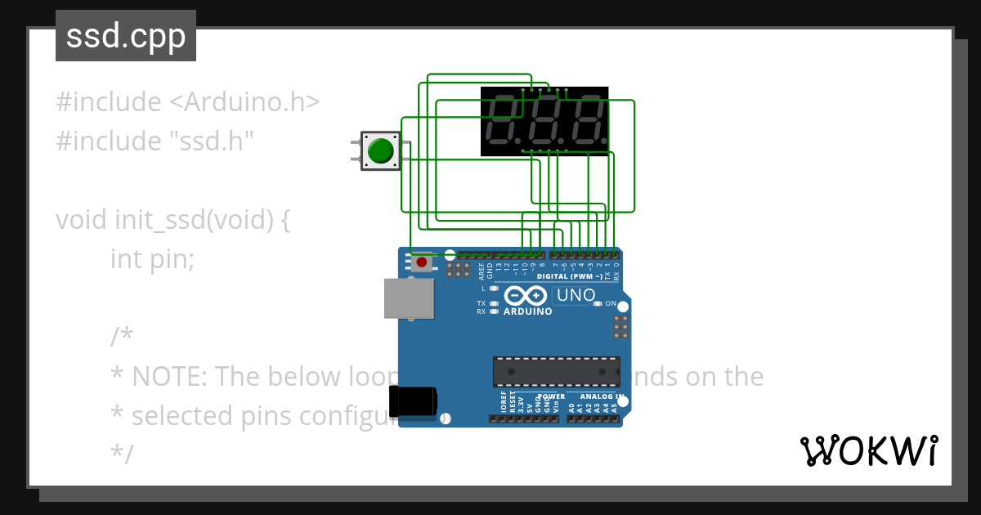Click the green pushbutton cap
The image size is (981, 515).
(x=380, y=151)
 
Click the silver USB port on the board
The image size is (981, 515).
(x=408, y=298)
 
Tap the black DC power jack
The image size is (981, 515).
(x=413, y=402)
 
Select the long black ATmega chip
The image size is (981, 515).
(x=556, y=371)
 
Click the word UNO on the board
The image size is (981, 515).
(x=576, y=295)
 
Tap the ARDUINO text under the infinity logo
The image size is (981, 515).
(x=527, y=311)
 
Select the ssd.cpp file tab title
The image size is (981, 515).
(x=126, y=37)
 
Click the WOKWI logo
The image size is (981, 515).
(x=868, y=450)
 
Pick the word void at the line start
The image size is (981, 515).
(x=82, y=220)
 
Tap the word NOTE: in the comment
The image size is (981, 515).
(x=172, y=376)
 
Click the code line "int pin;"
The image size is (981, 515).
(x=152, y=259)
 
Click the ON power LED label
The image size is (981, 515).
(x=610, y=303)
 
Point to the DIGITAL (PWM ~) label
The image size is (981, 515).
(x=570, y=276)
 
